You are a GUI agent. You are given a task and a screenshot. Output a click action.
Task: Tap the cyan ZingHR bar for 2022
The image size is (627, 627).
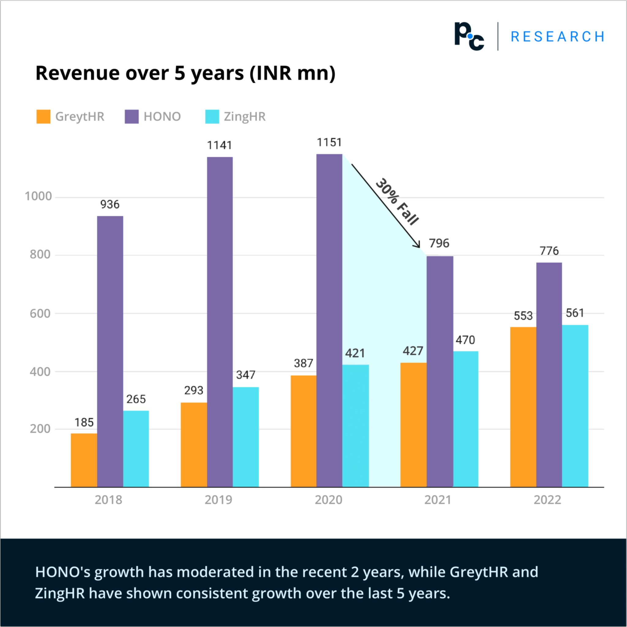click(575, 406)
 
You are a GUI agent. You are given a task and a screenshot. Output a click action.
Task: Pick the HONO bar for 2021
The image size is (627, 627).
click(439, 372)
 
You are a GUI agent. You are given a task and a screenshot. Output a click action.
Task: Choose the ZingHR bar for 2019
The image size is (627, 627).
click(246, 437)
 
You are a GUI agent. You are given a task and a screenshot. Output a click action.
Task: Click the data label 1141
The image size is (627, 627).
click(220, 145)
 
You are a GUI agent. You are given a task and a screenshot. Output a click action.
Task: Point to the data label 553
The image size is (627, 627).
click(523, 316)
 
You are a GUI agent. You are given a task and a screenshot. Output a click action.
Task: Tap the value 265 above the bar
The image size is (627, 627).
click(136, 399)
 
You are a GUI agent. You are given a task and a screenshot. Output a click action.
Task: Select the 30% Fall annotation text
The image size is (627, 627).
click(397, 201)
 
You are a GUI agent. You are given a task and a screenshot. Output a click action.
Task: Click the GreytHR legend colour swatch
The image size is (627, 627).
click(43, 117)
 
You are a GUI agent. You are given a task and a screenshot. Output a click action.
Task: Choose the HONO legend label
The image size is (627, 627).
click(162, 117)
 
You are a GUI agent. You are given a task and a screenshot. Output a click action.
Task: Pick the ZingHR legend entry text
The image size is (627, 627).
click(244, 117)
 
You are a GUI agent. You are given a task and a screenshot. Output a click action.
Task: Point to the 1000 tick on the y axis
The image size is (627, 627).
click(38, 196)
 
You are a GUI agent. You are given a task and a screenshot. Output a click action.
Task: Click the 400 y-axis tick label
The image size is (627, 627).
click(40, 372)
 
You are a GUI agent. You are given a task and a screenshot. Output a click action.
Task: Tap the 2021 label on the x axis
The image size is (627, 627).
click(437, 500)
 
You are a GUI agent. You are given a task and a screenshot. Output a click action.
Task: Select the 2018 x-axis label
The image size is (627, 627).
click(108, 500)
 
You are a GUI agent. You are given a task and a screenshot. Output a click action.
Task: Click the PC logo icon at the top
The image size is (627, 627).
click(469, 36)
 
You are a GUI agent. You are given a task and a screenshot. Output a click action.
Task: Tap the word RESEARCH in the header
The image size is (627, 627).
click(557, 37)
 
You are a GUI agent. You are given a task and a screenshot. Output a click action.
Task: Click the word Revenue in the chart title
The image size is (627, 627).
click(77, 73)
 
